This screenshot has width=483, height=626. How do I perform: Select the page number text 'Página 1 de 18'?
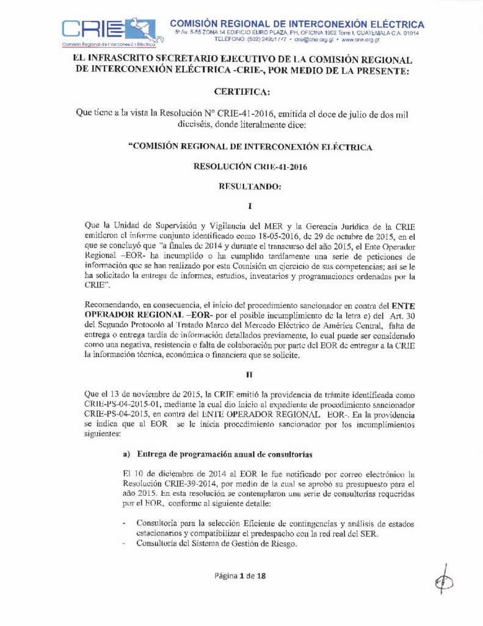pos(240,575)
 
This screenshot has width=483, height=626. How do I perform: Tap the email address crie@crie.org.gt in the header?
pos(313,39)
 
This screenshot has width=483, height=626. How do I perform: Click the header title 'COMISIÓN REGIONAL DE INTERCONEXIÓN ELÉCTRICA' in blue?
pos(297,24)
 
